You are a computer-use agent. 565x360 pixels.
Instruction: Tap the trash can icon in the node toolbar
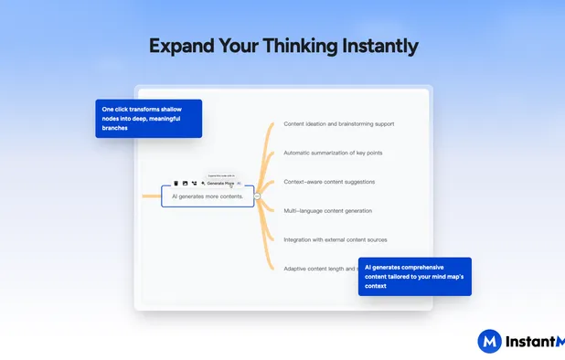point(176,183)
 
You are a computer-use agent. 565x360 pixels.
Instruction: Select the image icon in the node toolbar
point(185,183)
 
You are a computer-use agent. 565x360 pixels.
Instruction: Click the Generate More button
point(219,183)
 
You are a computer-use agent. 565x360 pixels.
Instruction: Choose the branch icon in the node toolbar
point(194,183)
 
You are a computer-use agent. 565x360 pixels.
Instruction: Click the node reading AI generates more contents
point(208,196)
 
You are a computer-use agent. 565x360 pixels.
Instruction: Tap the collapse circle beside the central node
point(258,196)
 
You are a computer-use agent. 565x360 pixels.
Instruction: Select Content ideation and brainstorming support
point(338,123)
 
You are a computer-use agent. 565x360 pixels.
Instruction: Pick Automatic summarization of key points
point(334,153)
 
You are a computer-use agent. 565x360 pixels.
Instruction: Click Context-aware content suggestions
point(329,182)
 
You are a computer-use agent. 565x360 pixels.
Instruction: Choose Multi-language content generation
point(327,211)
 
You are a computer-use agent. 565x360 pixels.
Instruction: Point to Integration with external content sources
point(335,239)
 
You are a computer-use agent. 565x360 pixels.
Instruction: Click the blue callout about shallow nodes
point(148,119)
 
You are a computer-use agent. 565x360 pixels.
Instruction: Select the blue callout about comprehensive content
point(414,276)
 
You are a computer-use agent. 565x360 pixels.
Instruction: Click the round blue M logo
point(489,342)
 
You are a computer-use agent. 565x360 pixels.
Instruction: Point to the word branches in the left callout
point(115,129)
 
